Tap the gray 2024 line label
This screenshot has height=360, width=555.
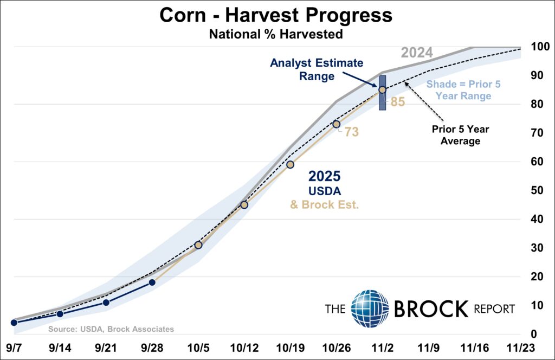point(416,53)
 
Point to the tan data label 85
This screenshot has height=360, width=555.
point(397,101)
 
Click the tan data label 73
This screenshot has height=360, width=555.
point(351,132)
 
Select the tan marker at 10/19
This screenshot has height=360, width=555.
point(290,164)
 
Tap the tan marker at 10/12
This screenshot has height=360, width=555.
point(244,204)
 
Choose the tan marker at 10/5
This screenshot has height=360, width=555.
point(198,245)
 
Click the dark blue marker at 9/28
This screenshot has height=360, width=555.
point(152,282)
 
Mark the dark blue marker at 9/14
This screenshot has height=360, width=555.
point(60,313)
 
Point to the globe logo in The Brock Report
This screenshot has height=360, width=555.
point(370,309)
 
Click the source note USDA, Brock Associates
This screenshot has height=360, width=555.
point(111,329)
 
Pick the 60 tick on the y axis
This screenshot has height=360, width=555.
point(536,162)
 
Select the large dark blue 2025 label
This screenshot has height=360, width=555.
point(324,176)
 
